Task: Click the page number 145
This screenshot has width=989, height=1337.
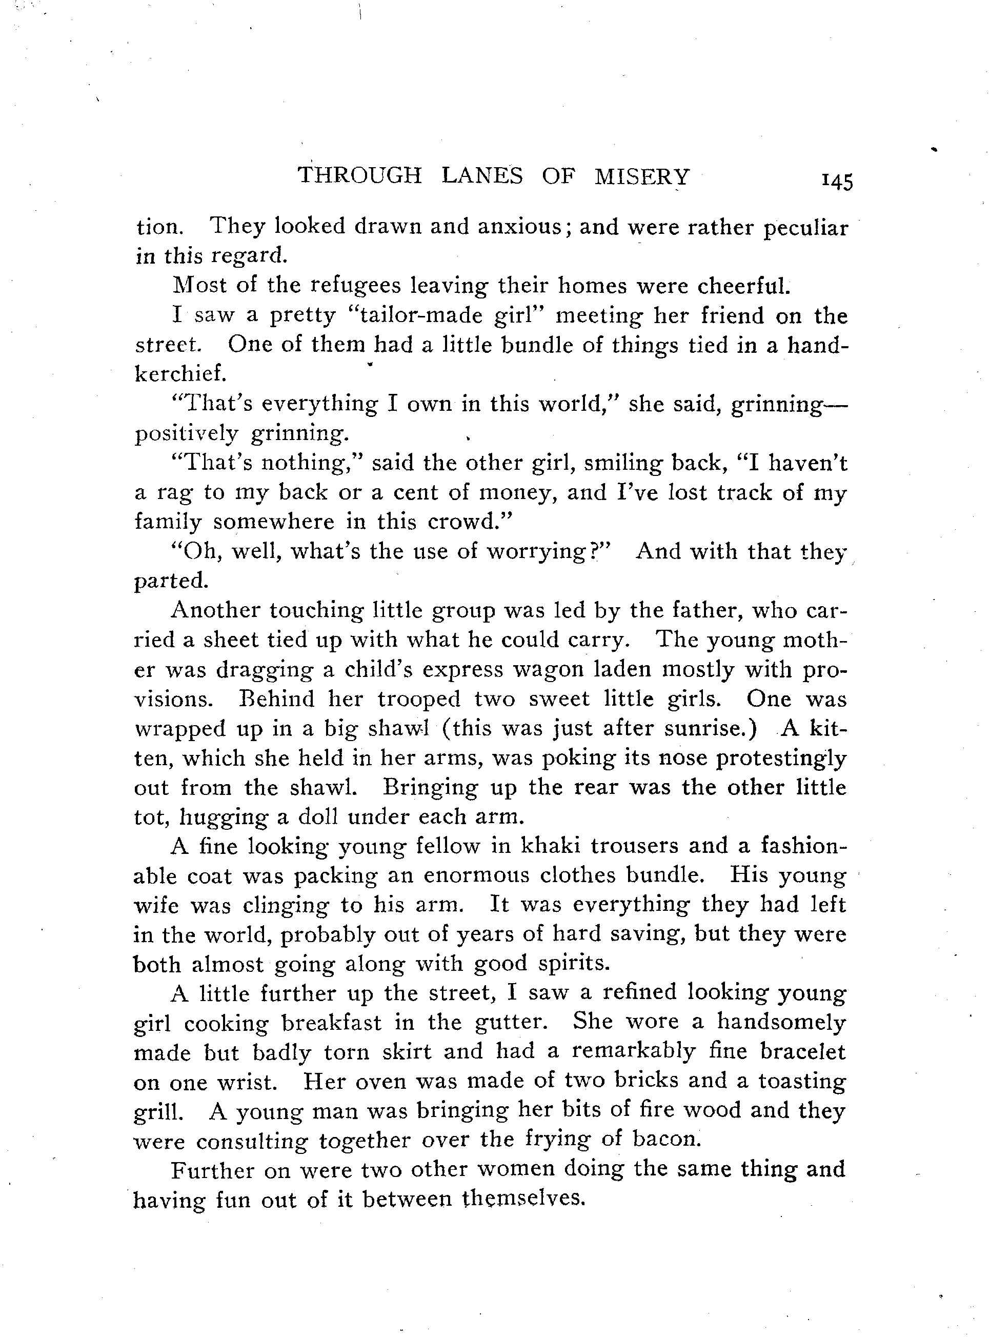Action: tap(837, 181)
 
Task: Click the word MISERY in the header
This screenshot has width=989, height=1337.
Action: tap(642, 176)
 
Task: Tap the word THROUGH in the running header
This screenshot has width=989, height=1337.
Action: tap(360, 175)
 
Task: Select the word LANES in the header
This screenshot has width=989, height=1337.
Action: tap(482, 175)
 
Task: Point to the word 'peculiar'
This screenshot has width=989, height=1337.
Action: tap(806, 229)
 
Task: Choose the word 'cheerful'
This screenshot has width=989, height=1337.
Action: tap(743, 286)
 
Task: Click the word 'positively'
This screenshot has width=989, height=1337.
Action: tap(186, 433)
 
